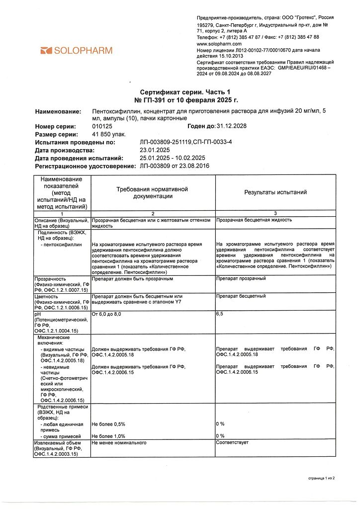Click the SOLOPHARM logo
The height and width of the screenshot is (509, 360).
(x=77, y=50)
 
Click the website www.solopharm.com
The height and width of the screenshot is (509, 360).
(x=219, y=44)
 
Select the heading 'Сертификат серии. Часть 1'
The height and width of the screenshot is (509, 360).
(x=185, y=92)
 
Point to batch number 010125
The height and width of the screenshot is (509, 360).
(x=102, y=126)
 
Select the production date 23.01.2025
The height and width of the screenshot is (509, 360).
(x=156, y=150)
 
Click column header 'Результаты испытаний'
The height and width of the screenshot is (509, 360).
(x=275, y=192)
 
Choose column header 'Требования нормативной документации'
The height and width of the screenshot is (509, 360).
(x=153, y=192)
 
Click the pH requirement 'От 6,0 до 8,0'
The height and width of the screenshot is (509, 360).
(x=106, y=315)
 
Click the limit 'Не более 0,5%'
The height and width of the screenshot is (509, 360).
(x=108, y=424)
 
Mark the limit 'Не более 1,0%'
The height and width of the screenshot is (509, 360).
(x=108, y=436)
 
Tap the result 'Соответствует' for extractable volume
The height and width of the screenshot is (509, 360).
(x=232, y=442)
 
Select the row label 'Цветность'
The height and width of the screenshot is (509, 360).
(x=47, y=296)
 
